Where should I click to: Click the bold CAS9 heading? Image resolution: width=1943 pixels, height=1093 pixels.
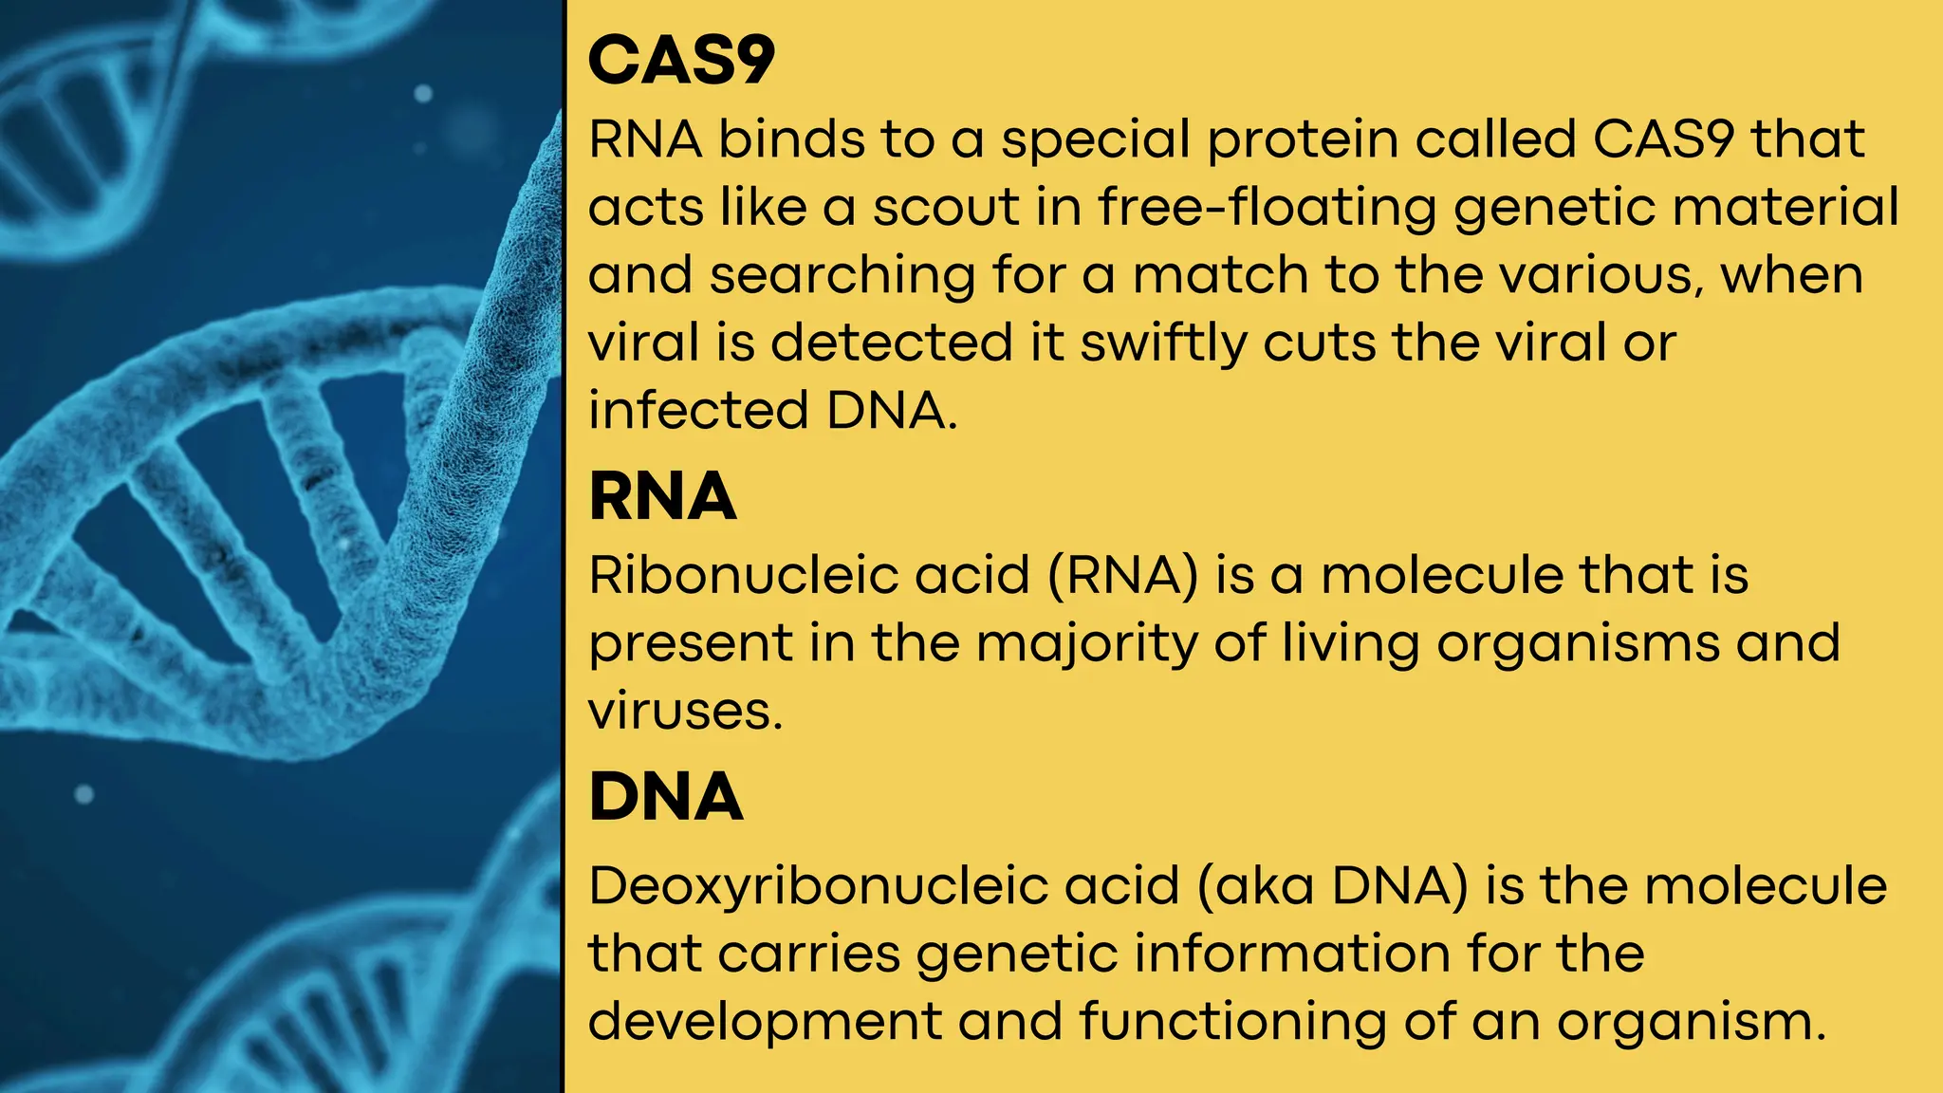681,61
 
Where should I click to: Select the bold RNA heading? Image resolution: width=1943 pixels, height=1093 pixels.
662,496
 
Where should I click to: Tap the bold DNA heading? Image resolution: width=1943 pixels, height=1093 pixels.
665,796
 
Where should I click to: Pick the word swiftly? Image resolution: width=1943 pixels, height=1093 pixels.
1163,343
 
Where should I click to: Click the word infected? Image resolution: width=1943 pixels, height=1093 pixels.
698,411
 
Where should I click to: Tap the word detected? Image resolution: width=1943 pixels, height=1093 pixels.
892,343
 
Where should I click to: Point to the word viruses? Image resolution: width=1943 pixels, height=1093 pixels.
685,712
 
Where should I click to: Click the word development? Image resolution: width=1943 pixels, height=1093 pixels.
765,1023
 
